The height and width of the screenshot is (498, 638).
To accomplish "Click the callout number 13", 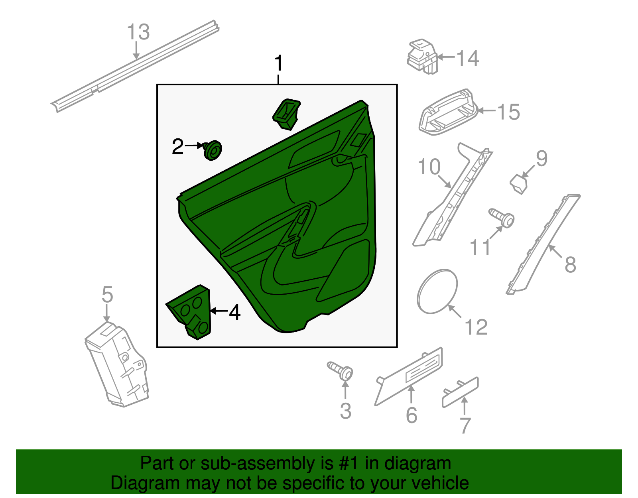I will tap(138, 32).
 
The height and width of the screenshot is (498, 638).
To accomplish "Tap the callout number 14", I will tap(467, 58).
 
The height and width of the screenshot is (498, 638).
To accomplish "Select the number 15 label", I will tap(508, 112).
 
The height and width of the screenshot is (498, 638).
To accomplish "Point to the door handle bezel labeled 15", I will tap(448, 112).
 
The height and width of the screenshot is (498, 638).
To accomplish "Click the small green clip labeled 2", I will tap(213, 150).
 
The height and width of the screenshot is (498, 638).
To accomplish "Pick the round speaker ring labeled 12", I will tap(437, 291).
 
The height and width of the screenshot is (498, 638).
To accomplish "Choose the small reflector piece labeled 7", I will tap(460, 393).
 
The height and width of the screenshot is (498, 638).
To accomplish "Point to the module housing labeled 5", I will tap(117, 364).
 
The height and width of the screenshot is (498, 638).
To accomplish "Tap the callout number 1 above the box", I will tap(279, 63).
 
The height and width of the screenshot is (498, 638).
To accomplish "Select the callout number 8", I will tap(570, 264).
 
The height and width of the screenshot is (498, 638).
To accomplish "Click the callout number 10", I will tap(429, 167).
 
